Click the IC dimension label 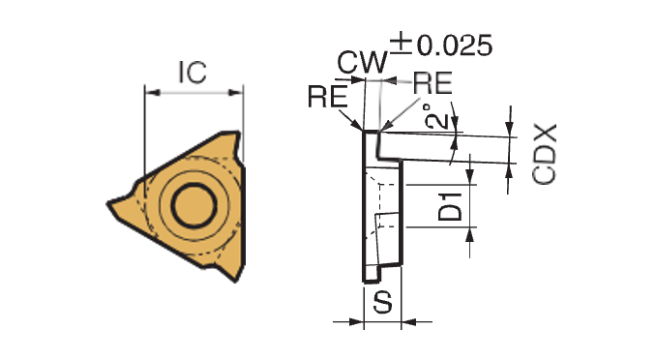click(x=193, y=72)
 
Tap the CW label click(x=363, y=63)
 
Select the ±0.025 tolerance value click(x=441, y=45)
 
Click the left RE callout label click(x=328, y=97)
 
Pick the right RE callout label click(x=432, y=83)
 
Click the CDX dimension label click(x=545, y=154)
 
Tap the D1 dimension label click(x=450, y=206)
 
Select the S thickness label click(x=383, y=302)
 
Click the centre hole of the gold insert click(x=194, y=206)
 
